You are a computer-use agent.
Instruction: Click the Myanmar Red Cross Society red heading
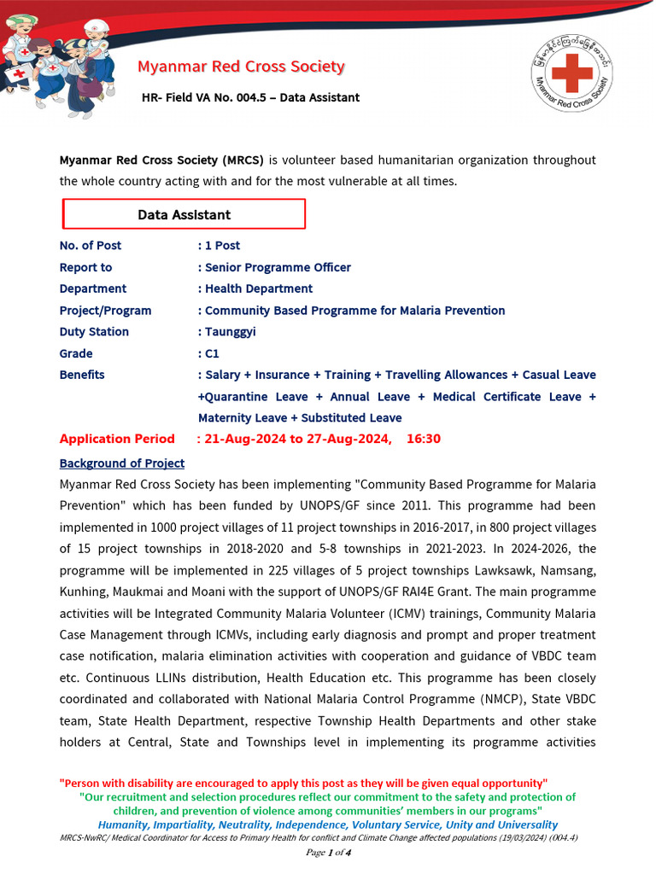coord(241,67)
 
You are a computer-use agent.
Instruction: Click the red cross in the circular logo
coord(571,73)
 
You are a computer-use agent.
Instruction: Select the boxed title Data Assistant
coord(184,214)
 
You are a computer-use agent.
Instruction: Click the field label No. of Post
coord(90,246)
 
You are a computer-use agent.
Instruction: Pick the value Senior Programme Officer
coord(278,267)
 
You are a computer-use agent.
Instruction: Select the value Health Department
coord(258,288)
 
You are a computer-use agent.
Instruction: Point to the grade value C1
coord(212,353)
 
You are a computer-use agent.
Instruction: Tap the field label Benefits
coord(82,375)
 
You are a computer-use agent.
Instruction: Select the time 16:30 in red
coord(424,439)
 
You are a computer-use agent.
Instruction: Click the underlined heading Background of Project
coord(121,463)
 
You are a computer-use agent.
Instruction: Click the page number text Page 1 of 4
coord(328,853)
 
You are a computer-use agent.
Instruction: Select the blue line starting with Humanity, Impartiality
coord(328,824)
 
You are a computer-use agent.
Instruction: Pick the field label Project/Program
coord(105,311)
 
